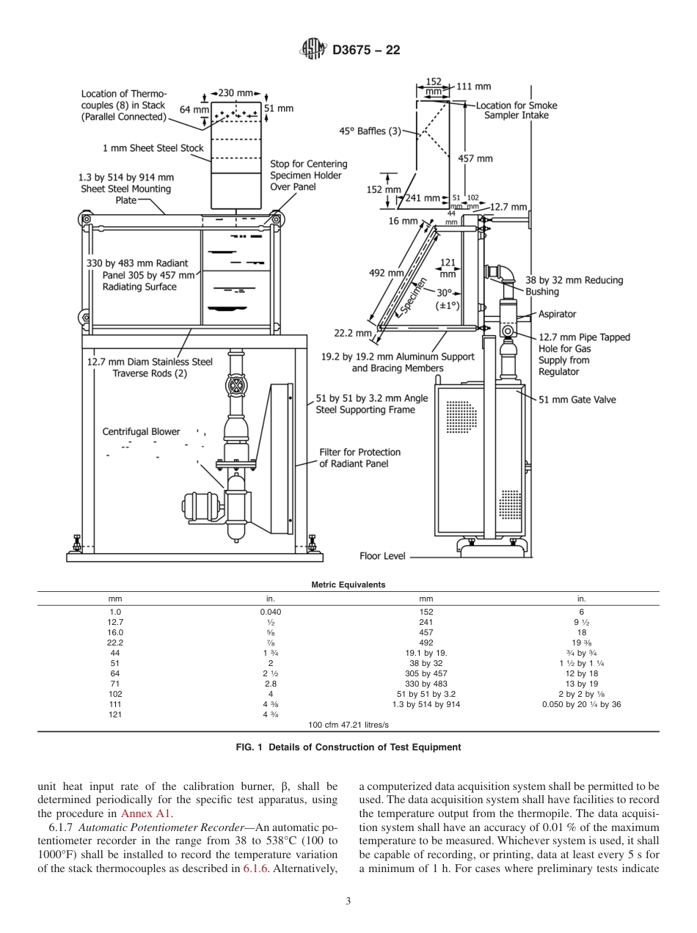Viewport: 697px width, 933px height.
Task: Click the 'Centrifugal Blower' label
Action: (x=141, y=432)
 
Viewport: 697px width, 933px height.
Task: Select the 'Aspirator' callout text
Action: (x=558, y=313)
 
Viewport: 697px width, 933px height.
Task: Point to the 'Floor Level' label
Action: (x=382, y=556)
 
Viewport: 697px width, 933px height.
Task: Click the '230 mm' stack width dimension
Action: (x=235, y=93)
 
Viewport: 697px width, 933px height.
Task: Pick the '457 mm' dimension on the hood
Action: (x=475, y=158)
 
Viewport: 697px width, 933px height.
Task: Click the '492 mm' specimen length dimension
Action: (x=386, y=273)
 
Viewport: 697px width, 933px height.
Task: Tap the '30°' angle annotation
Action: (x=445, y=292)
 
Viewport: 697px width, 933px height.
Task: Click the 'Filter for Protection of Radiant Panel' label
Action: (x=360, y=458)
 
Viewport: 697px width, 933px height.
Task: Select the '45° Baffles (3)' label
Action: (x=370, y=131)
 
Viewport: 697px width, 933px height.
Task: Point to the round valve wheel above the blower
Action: (x=237, y=387)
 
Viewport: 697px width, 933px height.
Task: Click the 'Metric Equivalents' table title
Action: (x=348, y=585)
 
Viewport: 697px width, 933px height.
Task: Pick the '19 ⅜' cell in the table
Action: (x=581, y=643)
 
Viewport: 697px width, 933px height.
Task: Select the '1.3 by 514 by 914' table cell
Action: (x=426, y=704)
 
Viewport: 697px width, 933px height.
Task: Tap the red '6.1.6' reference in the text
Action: (x=255, y=848)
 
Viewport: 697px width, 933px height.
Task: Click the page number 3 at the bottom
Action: (x=348, y=901)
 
